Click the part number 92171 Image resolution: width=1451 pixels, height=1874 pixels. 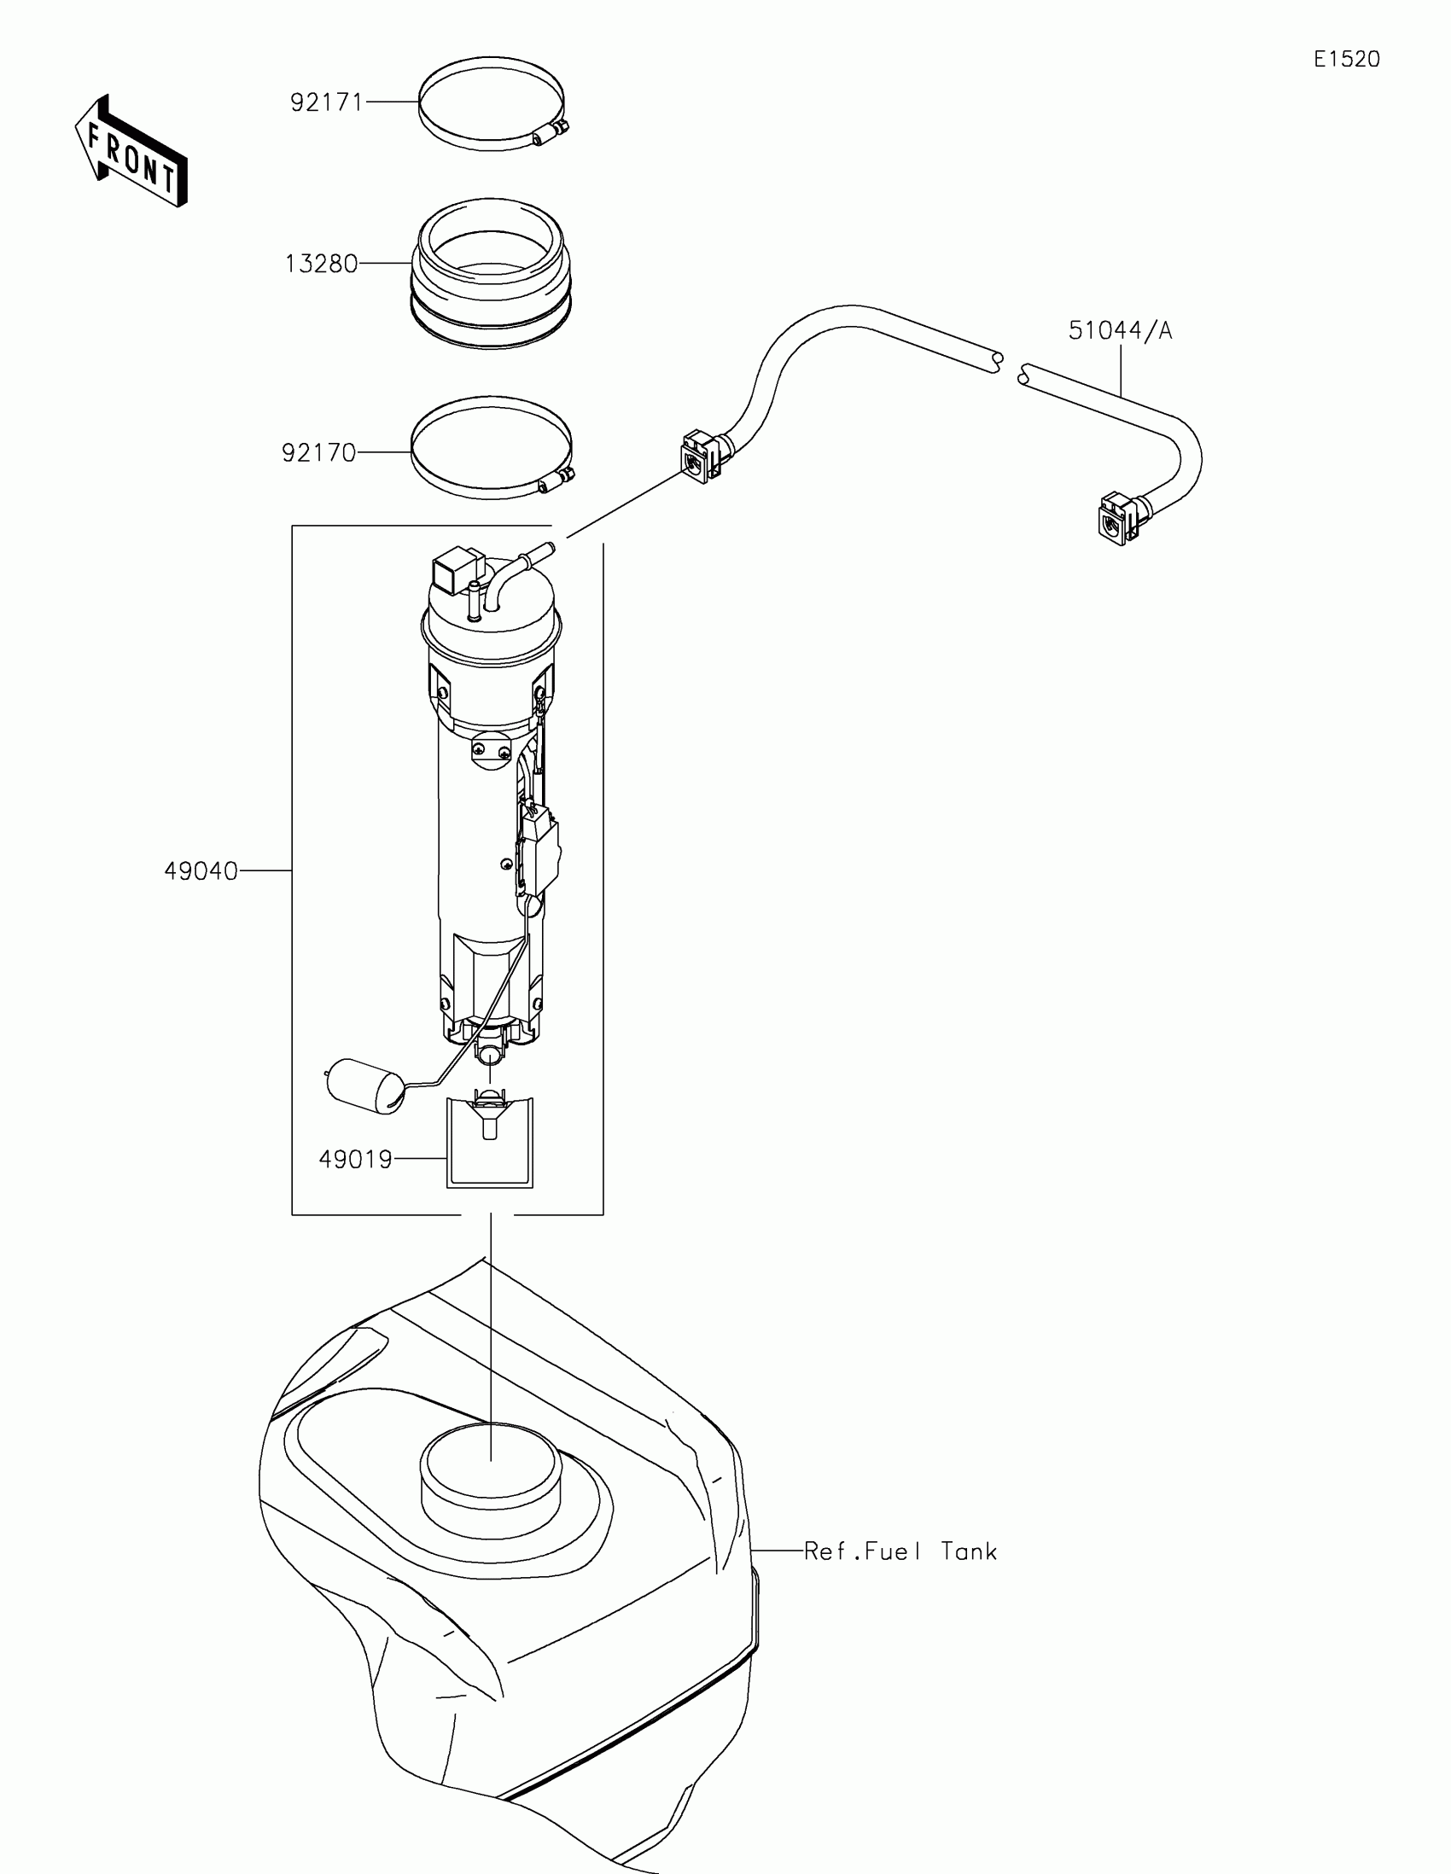(327, 103)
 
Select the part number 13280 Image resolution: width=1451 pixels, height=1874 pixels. (322, 264)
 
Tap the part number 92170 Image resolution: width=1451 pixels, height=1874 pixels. (319, 452)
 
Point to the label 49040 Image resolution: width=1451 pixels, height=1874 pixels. (201, 871)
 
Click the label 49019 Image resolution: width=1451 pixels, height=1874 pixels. (355, 1159)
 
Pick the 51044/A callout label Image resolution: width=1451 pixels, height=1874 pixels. (1120, 330)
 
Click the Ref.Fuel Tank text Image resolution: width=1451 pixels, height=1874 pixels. (900, 1551)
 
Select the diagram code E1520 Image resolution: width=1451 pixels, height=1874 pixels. (1346, 59)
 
